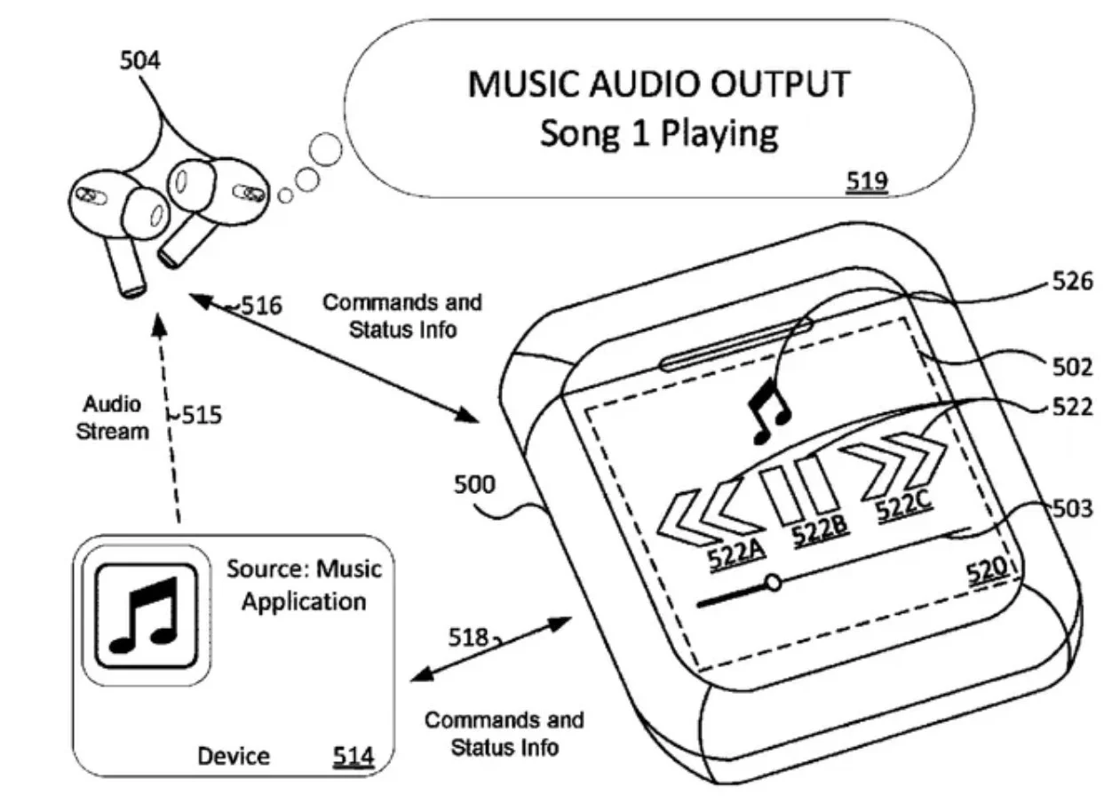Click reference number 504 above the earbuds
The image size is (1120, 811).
click(140, 61)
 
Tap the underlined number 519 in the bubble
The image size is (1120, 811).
click(866, 181)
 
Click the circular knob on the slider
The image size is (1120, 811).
click(774, 583)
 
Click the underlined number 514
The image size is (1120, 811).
click(353, 756)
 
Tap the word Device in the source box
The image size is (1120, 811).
click(234, 757)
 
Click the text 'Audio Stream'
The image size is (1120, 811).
click(113, 418)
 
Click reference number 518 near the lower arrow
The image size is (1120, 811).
click(468, 638)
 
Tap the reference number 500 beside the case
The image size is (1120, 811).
click(475, 486)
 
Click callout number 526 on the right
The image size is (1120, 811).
click(1072, 282)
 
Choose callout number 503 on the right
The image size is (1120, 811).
click(1072, 510)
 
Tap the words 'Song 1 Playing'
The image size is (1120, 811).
click(658, 134)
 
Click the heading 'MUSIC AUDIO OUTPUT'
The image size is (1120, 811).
click(658, 85)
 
